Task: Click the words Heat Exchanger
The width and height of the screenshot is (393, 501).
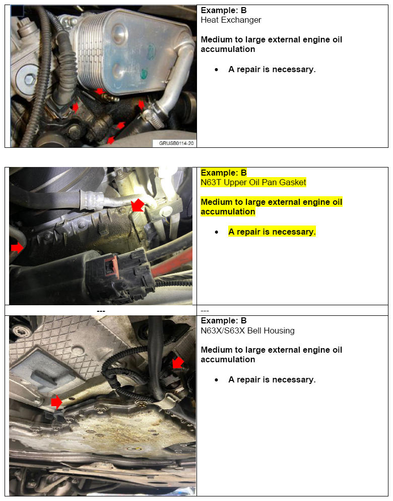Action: [x=231, y=20]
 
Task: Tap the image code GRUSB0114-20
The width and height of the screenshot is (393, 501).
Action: [x=174, y=143]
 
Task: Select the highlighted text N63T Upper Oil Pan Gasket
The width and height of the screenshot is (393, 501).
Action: [x=253, y=183]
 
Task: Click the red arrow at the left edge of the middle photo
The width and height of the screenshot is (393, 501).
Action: [x=17, y=248]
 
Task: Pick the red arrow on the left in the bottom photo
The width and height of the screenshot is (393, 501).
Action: [x=56, y=402]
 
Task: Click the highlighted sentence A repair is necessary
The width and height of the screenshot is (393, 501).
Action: [x=272, y=232]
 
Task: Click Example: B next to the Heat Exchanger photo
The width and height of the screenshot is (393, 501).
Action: [x=224, y=11]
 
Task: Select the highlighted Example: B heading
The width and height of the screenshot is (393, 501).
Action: [x=224, y=173]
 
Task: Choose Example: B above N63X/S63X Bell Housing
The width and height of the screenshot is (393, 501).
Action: [x=224, y=321]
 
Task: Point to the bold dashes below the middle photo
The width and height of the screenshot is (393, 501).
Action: [x=101, y=311]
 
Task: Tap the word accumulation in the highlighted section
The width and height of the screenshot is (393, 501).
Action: [x=228, y=212]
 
